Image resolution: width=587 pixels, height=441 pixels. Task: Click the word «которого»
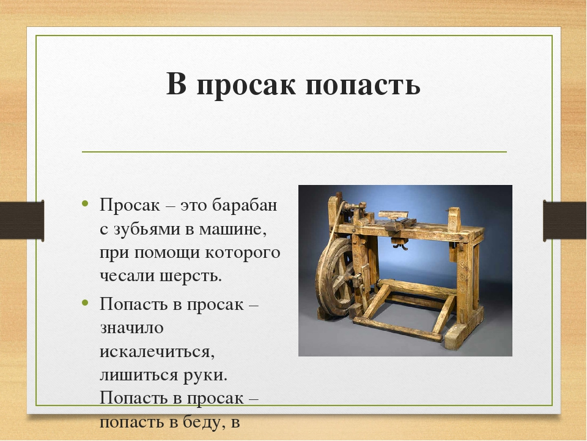click(x=246, y=252)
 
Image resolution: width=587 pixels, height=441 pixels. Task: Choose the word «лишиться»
click(x=136, y=374)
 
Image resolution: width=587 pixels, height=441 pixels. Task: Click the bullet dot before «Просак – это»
click(x=86, y=204)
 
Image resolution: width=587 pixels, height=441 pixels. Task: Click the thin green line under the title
click(x=293, y=151)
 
